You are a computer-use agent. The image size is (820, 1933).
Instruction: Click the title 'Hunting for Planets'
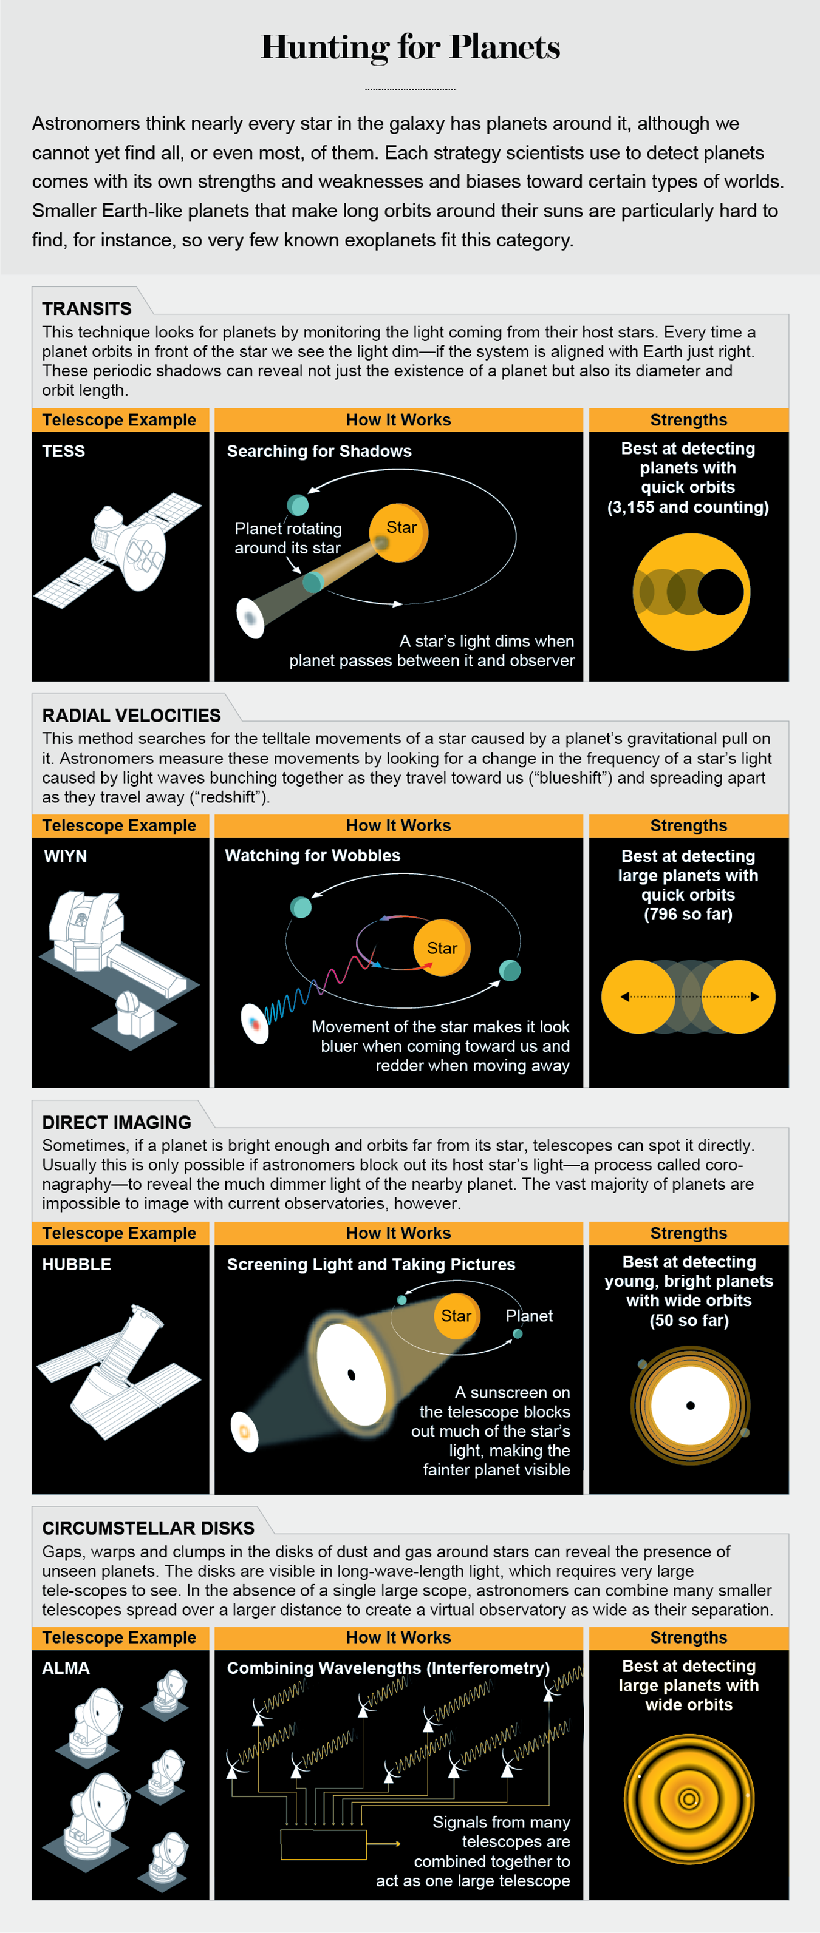click(410, 47)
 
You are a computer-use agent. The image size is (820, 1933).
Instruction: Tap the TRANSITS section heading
click(86, 308)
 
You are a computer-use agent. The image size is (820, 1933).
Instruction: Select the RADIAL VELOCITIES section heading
click(131, 715)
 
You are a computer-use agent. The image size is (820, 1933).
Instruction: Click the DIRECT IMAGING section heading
click(117, 1122)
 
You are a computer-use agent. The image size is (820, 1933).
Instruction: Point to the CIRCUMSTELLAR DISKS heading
click(148, 1528)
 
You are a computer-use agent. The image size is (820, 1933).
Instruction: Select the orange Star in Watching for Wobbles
click(442, 948)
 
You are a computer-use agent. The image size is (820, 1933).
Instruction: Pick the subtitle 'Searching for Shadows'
click(319, 451)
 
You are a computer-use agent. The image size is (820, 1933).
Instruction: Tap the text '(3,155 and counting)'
click(688, 507)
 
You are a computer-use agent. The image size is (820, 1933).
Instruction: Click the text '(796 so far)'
click(688, 914)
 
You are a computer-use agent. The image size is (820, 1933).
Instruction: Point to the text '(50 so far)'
click(689, 1320)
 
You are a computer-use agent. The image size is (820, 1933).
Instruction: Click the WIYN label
click(66, 856)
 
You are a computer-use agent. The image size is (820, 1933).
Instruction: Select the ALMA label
click(66, 1668)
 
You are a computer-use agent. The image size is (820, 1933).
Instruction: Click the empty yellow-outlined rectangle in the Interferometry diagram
click(323, 1844)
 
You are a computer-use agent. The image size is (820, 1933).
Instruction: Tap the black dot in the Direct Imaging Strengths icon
click(690, 1406)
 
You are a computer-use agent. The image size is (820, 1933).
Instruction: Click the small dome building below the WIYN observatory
click(133, 1013)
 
